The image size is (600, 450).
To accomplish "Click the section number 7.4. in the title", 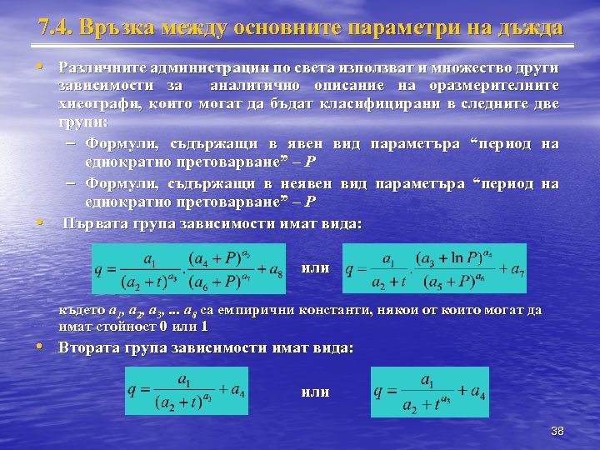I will tap(55, 27).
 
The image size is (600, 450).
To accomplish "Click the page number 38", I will tap(557, 431).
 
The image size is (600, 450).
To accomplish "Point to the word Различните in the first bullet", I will tap(99, 67).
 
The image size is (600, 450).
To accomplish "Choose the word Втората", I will tap(89, 347).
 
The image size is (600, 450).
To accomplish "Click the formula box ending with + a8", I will tap(191, 268).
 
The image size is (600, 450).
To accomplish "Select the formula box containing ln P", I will tap(434, 268).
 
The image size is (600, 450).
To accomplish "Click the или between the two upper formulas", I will tap(315, 268).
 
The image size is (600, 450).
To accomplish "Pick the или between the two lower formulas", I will tap(314, 392).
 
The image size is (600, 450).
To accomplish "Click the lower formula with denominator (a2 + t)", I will tap(187, 392).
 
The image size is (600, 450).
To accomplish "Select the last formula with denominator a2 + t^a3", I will tap(430, 392).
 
